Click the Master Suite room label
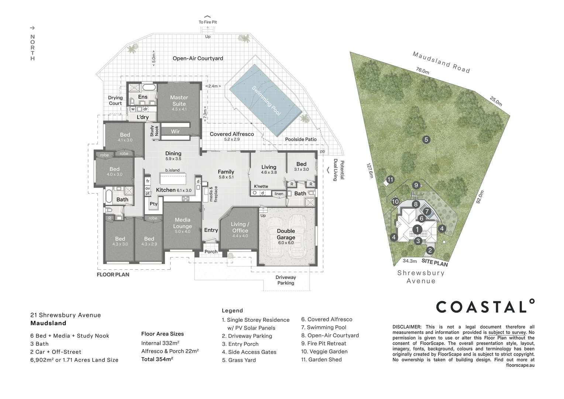click(179, 100)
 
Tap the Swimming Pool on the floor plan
click(266, 100)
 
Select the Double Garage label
click(286, 234)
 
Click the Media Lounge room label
click(183, 223)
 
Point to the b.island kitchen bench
click(173, 179)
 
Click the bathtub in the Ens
click(149, 88)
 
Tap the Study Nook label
click(154, 131)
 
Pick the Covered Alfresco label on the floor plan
click(232, 134)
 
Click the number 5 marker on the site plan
click(426, 139)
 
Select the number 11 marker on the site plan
click(390, 180)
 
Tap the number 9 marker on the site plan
click(416, 185)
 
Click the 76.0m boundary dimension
click(423, 71)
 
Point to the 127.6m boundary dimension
click(370, 171)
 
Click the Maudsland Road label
click(441, 62)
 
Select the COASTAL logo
click(485, 306)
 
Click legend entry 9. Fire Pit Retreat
click(324, 343)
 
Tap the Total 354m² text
click(157, 359)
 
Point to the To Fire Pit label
click(208, 22)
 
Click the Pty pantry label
click(154, 204)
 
